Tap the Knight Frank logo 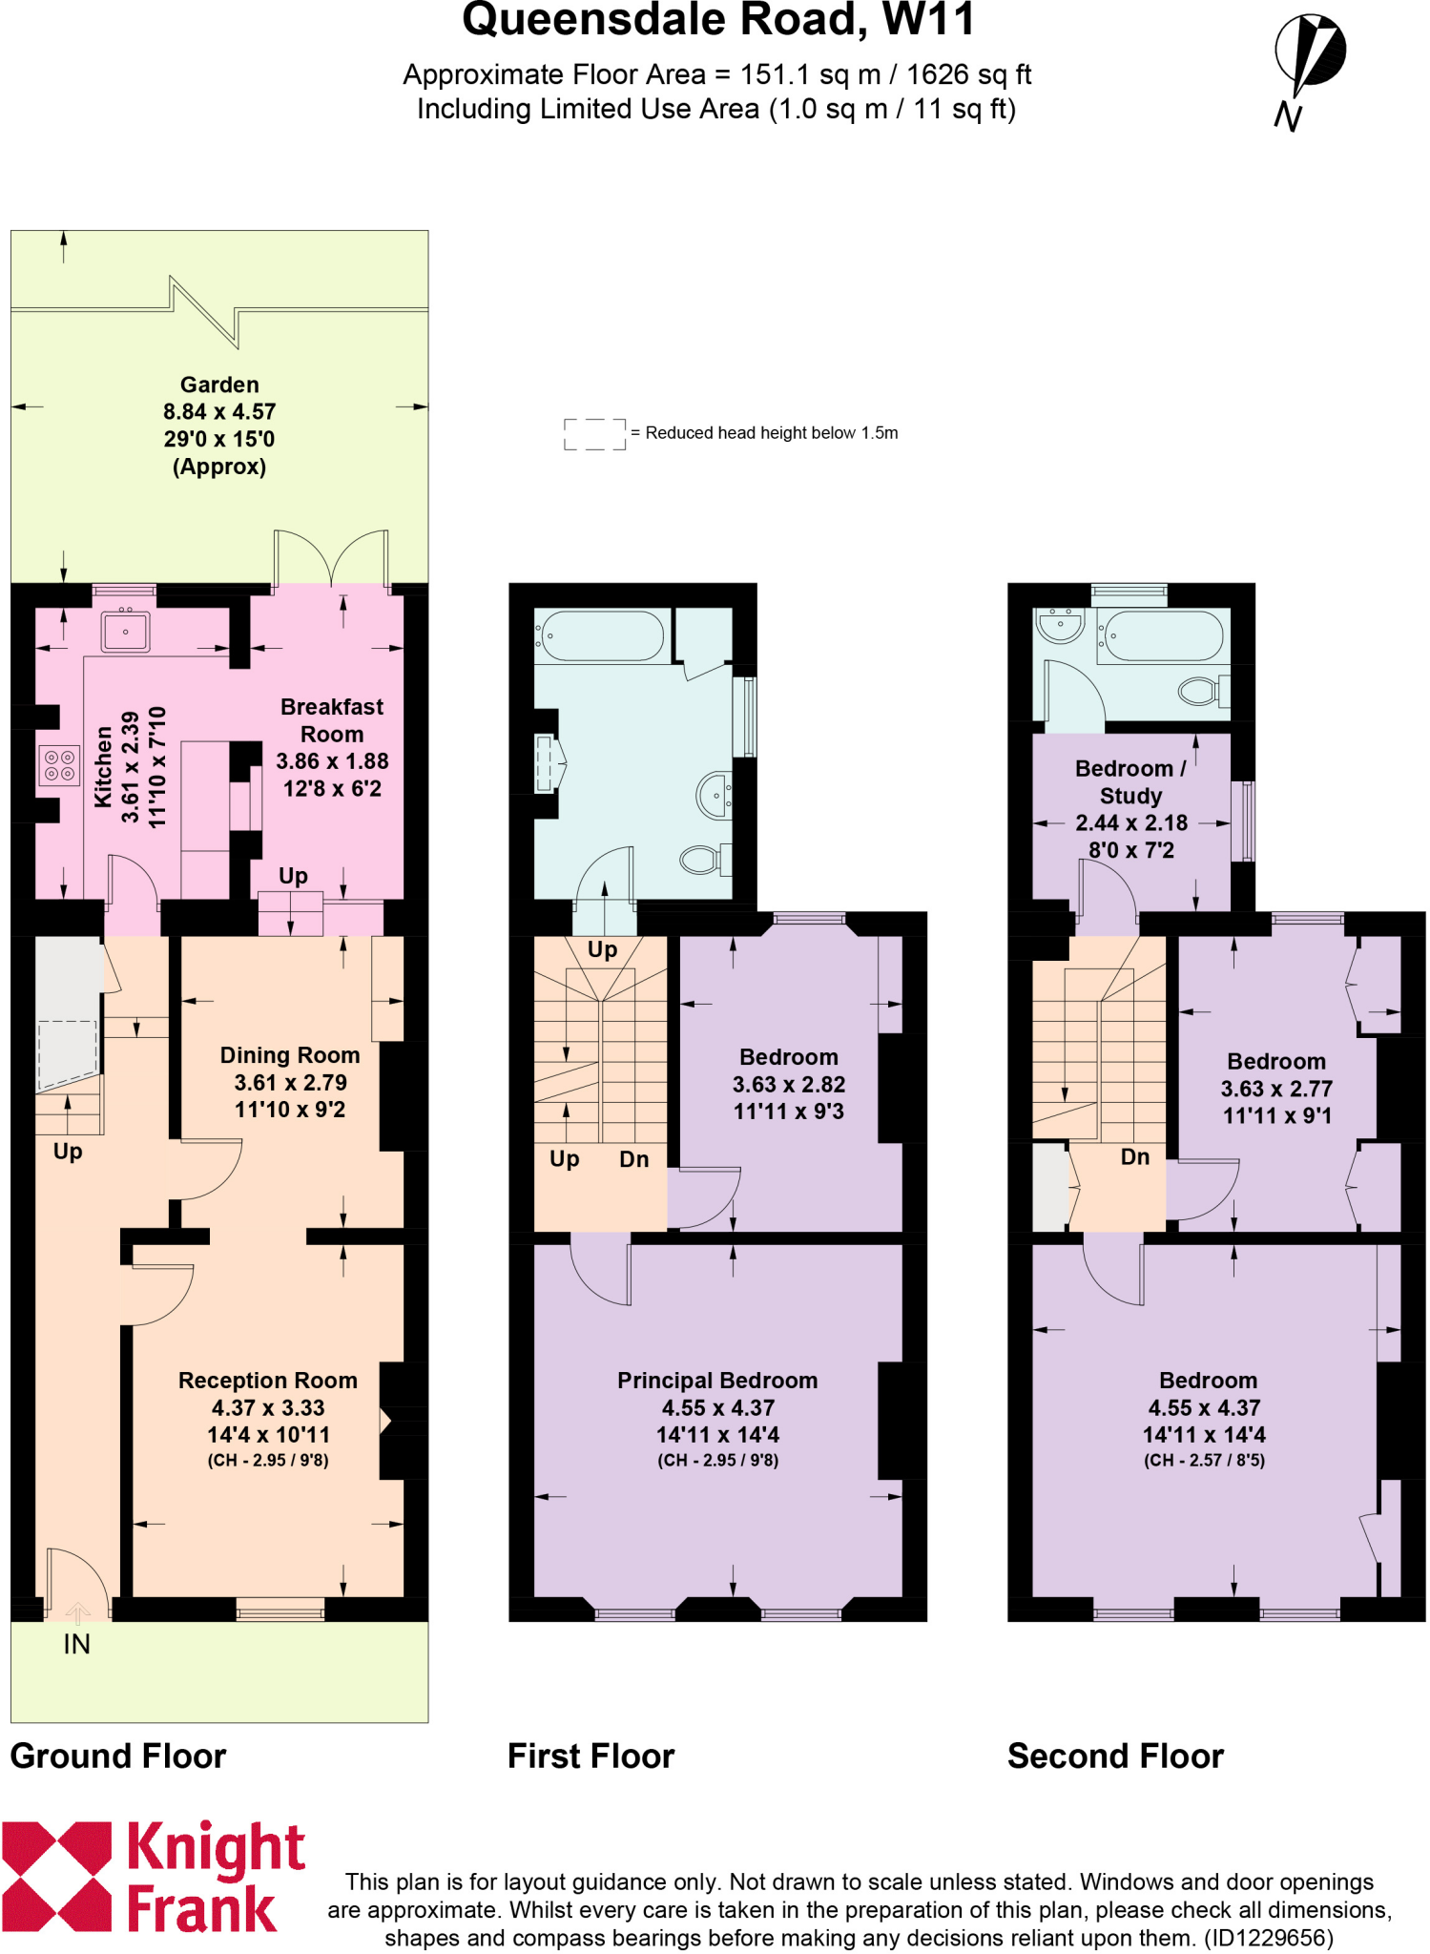point(153,1877)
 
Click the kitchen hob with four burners point(59,765)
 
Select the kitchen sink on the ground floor point(125,631)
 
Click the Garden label point(219,385)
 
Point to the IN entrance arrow point(77,1612)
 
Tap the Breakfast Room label point(332,720)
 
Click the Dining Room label point(290,1055)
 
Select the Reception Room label point(268,1381)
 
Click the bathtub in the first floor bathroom point(600,635)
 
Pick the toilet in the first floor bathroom point(703,860)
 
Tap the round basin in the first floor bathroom point(714,795)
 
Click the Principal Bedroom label point(717,1381)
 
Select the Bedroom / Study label point(1130,781)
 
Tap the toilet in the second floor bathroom point(1201,690)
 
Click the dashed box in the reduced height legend point(594,434)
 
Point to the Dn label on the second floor point(1135,1157)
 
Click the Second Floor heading point(1115,1757)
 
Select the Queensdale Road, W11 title point(718,19)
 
